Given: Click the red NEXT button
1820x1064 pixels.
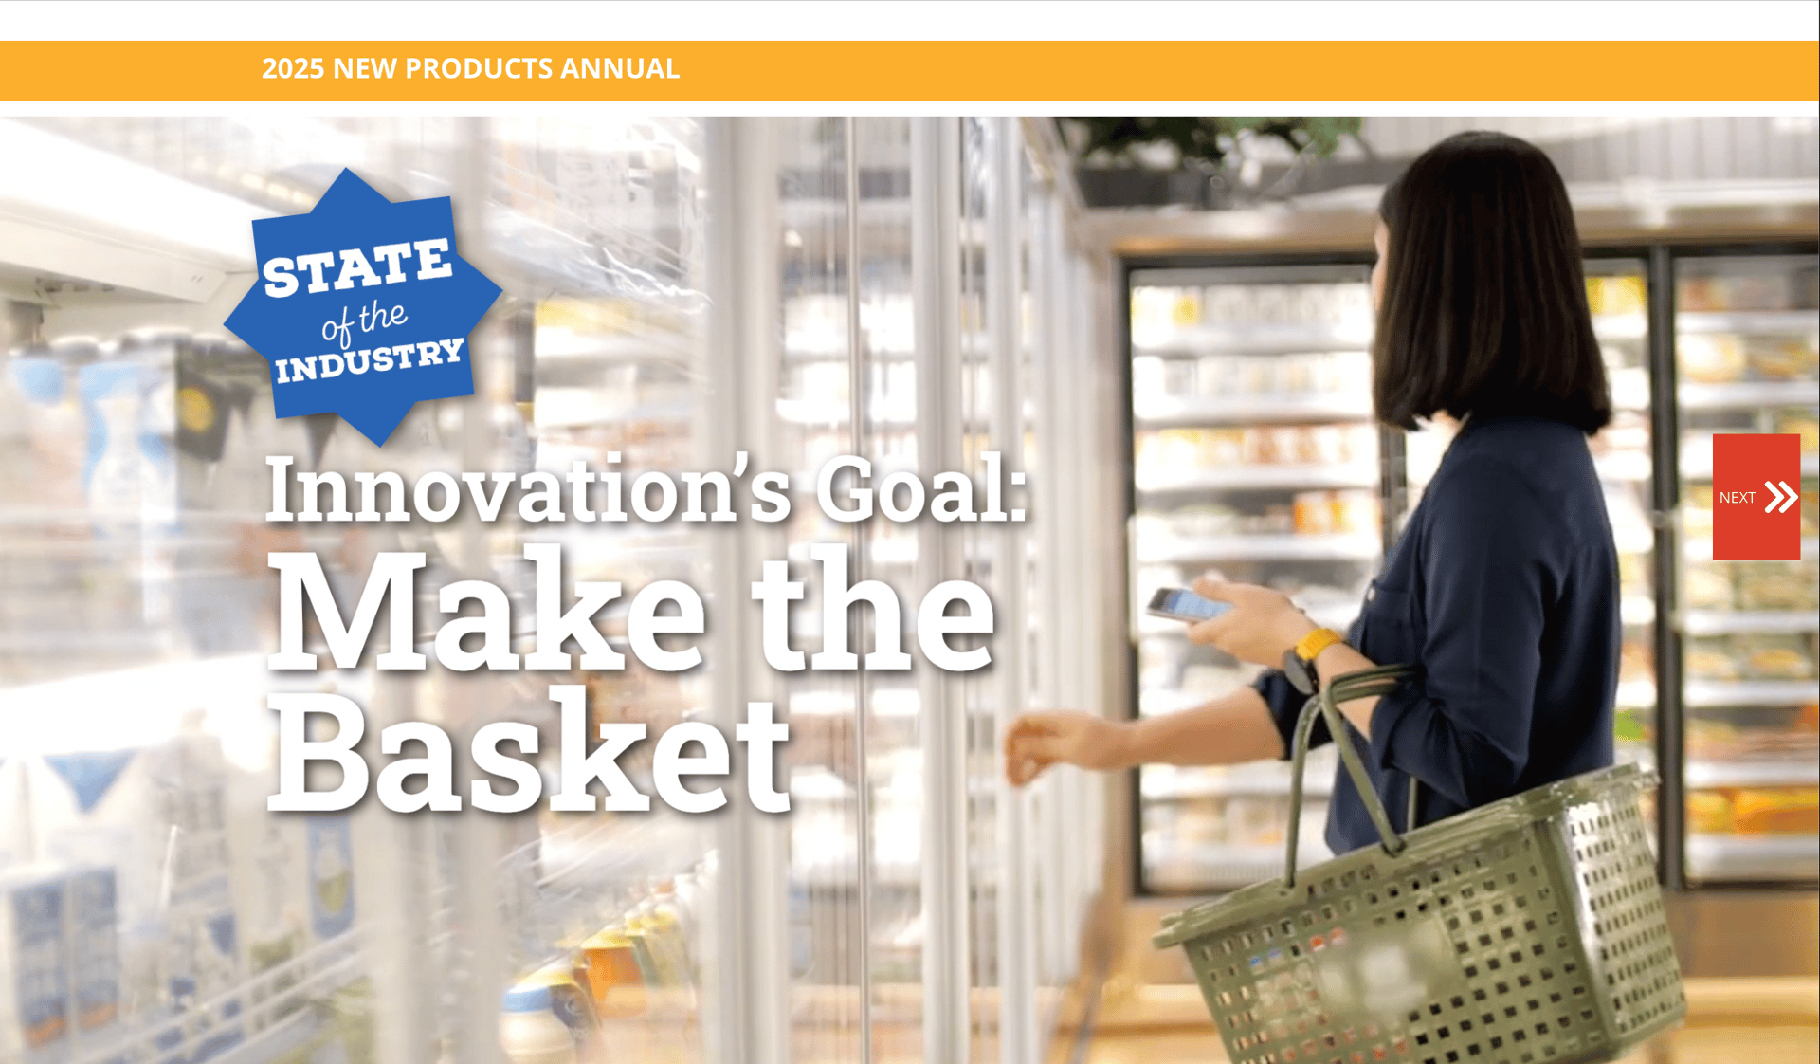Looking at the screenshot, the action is (x=1756, y=497).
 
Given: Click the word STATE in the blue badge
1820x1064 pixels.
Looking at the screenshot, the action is (x=357, y=267).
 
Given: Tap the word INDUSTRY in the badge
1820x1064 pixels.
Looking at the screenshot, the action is (x=370, y=360).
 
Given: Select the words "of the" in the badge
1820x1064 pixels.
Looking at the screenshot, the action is (x=364, y=321).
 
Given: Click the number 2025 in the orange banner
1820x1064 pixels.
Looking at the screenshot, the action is (x=293, y=68).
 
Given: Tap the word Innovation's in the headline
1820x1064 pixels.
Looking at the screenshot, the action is (x=528, y=489).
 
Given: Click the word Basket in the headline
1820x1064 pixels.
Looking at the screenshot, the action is (x=529, y=749).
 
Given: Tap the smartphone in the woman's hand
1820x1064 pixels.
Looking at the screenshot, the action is (x=1189, y=604).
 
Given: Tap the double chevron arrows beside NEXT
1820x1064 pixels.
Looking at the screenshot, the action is (x=1781, y=497).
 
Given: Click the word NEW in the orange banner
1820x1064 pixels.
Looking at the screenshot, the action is (x=365, y=68).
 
